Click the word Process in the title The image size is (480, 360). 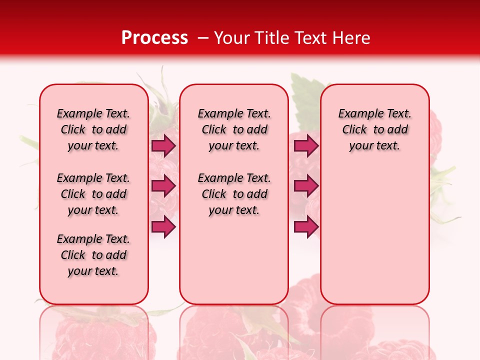click(x=154, y=37)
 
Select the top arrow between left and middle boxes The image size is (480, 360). click(x=163, y=146)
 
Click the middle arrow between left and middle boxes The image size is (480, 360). click(x=163, y=186)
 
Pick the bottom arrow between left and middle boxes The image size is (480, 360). click(x=163, y=227)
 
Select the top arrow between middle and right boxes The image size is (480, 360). click(x=306, y=146)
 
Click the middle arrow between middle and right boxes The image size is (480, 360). click(x=306, y=186)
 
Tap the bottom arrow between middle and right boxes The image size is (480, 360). click(x=306, y=227)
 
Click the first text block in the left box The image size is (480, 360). click(x=93, y=129)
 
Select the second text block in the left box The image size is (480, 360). click(x=93, y=194)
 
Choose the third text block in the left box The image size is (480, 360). click(x=93, y=255)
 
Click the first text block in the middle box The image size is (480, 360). click(x=234, y=129)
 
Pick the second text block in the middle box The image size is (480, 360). click(x=234, y=194)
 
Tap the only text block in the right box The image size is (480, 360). click(x=374, y=129)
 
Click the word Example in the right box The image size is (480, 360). click(x=357, y=114)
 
